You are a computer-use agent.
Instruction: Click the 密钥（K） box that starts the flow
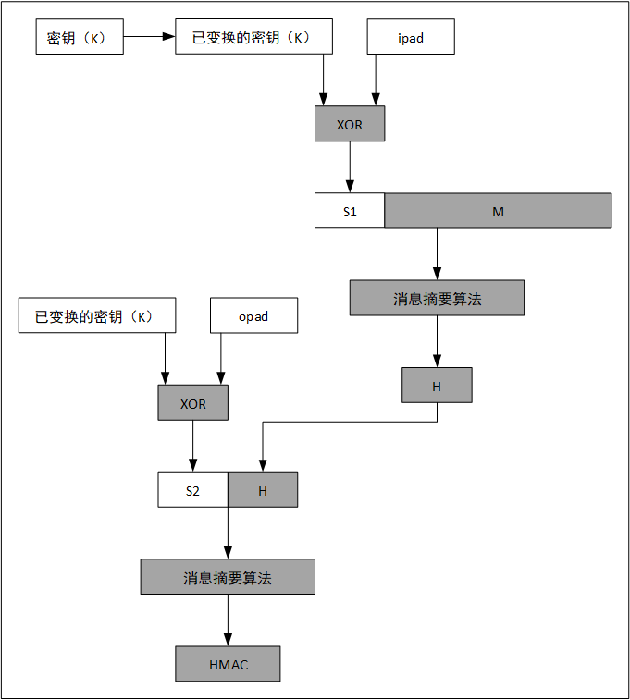[78, 37]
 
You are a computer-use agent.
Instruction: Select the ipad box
[411, 37]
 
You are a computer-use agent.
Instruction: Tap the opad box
[253, 315]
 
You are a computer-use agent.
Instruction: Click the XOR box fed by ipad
[350, 124]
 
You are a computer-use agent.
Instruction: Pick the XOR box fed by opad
[192, 403]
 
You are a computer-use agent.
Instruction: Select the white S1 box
[350, 211]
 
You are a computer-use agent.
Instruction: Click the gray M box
[498, 211]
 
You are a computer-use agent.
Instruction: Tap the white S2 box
[192, 490]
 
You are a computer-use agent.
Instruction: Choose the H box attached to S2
[263, 490]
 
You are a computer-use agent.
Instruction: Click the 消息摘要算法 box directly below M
[437, 298]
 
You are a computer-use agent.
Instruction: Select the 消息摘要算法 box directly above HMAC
[228, 577]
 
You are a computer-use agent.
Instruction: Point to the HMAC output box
[228, 664]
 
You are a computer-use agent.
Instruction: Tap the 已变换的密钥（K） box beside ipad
[253, 37]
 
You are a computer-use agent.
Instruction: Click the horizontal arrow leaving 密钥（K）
[149, 37]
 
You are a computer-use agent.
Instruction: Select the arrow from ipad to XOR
[376, 80]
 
